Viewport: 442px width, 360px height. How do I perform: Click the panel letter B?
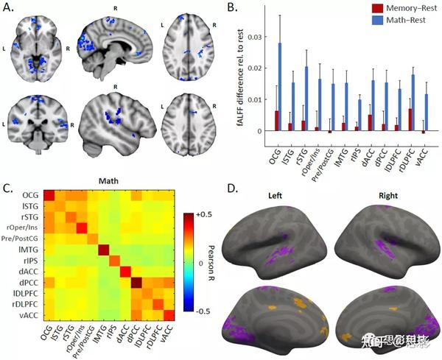pos(232,8)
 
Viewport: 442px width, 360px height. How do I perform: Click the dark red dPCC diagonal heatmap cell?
pos(138,283)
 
